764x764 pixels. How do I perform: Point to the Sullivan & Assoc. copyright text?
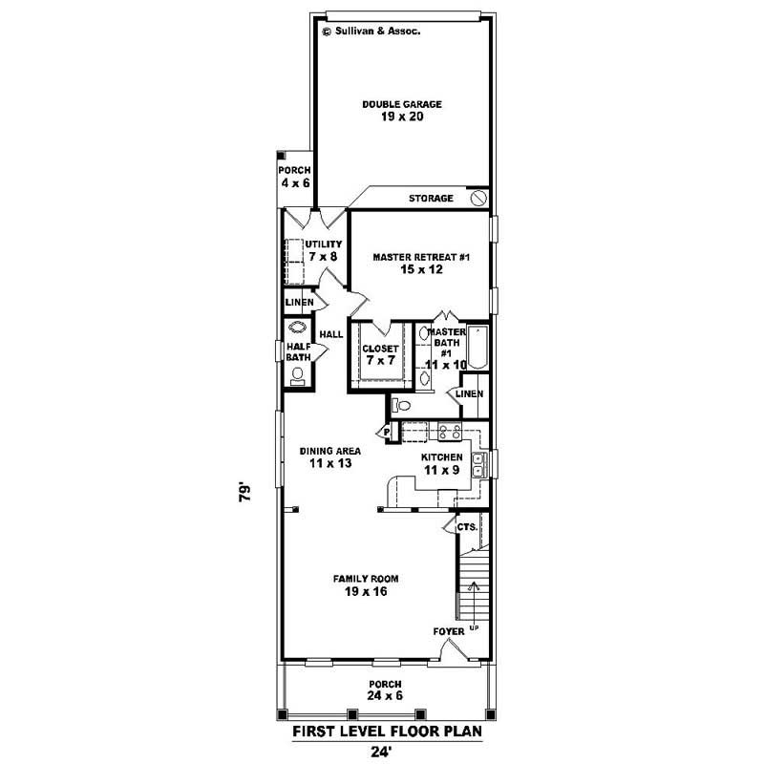(372, 31)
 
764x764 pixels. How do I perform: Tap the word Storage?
(431, 199)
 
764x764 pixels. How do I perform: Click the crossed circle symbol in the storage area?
(479, 198)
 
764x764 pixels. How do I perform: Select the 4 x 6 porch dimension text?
(295, 182)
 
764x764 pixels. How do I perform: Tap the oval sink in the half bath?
(296, 326)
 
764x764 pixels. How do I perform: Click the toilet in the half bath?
(297, 373)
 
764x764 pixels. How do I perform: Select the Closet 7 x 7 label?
(379, 354)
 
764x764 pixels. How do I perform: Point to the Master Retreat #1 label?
(420, 264)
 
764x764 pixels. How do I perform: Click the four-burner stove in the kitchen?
(449, 431)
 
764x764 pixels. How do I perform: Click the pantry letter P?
(389, 433)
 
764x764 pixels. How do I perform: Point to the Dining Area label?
(329, 457)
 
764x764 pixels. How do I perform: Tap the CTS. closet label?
(466, 526)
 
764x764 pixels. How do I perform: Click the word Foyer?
(448, 631)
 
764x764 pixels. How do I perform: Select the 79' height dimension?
(246, 493)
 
